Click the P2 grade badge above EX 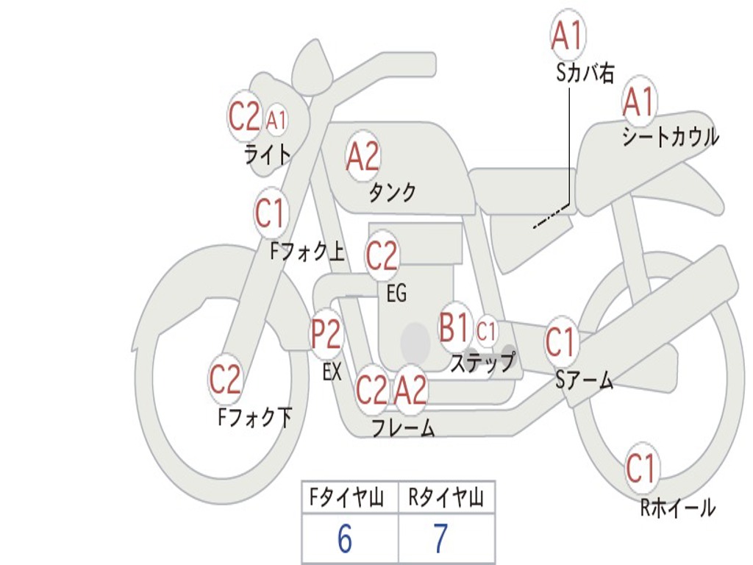326,335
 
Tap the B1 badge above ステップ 454,328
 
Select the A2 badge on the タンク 363,156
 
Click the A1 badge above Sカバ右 568,35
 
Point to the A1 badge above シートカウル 639,102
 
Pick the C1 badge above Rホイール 640,468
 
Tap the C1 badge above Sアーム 561,342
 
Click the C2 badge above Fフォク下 225,380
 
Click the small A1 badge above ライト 276,119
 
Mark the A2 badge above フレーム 410,389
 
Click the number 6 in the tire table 345,539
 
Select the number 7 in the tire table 440,539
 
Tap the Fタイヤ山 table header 349,499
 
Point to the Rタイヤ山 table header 446,499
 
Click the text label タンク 392,193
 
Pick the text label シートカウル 670,138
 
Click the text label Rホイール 677,508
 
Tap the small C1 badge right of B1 486,331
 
